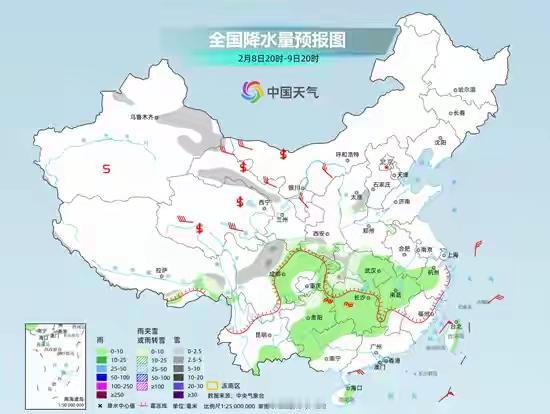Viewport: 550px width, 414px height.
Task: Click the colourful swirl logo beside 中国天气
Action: (x=247, y=92)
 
